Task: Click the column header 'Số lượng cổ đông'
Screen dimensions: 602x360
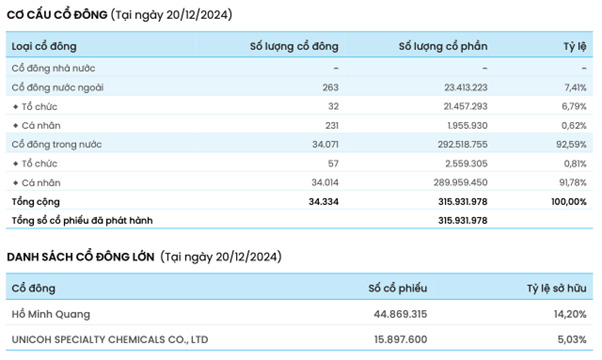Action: (x=294, y=46)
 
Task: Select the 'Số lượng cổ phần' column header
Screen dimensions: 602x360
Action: (x=443, y=46)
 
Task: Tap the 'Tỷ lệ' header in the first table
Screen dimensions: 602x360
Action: (x=575, y=46)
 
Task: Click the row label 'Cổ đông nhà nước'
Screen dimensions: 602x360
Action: (x=53, y=68)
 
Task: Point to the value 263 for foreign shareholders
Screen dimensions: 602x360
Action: (x=331, y=88)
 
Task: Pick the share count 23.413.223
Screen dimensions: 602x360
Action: (x=466, y=88)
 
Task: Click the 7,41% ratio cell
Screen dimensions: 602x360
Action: (x=575, y=88)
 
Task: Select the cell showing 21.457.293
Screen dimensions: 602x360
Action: (x=465, y=106)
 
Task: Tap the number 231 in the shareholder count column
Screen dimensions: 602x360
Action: (x=332, y=126)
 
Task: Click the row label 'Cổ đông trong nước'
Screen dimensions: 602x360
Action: (x=56, y=144)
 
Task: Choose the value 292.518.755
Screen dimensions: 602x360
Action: (x=462, y=144)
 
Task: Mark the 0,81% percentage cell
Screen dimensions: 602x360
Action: (x=575, y=163)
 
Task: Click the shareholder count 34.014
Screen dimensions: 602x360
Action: (x=325, y=183)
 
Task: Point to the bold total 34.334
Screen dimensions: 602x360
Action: (x=324, y=201)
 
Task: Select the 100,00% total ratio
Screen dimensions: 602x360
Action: (x=569, y=201)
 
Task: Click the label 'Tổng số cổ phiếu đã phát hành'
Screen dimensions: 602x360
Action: (x=82, y=221)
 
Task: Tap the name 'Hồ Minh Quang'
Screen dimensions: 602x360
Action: (x=51, y=314)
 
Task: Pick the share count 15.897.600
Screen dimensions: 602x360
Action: (x=400, y=340)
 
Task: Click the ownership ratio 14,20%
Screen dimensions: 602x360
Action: (x=570, y=314)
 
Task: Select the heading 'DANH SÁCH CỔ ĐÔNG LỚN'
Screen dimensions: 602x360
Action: (x=81, y=257)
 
